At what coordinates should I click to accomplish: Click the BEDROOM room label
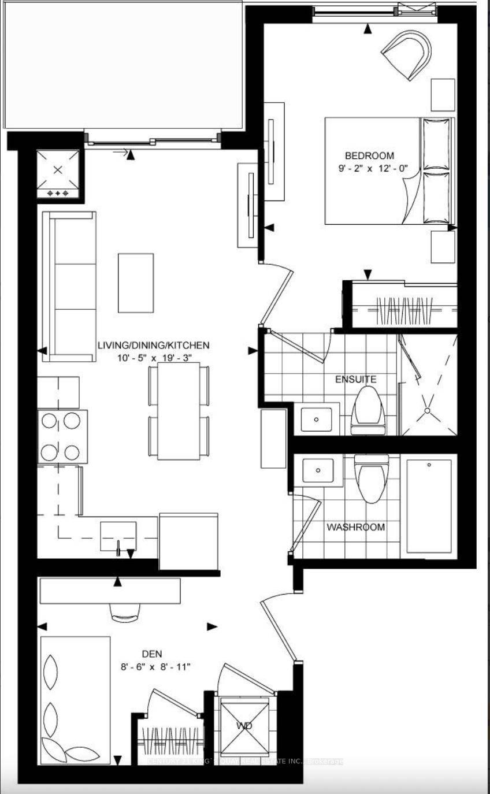pyautogui.click(x=369, y=155)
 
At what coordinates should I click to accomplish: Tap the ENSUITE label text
pyautogui.click(x=356, y=379)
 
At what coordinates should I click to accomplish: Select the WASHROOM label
pyautogui.click(x=355, y=527)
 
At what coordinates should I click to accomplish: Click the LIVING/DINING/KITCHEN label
pyautogui.click(x=153, y=346)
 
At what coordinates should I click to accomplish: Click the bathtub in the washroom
pyautogui.click(x=429, y=506)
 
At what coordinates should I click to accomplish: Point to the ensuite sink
pyautogui.click(x=316, y=418)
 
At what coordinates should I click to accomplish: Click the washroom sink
pyautogui.click(x=317, y=470)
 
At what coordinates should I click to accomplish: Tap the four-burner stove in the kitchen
pyautogui.click(x=63, y=436)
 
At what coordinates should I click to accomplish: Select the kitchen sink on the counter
pyautogui.click(x=118, y=536)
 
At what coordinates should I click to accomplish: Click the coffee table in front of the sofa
pyautogui.click(x=136, y=283)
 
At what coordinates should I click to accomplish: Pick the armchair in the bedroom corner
pyautogui.click(x=409, y=53)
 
